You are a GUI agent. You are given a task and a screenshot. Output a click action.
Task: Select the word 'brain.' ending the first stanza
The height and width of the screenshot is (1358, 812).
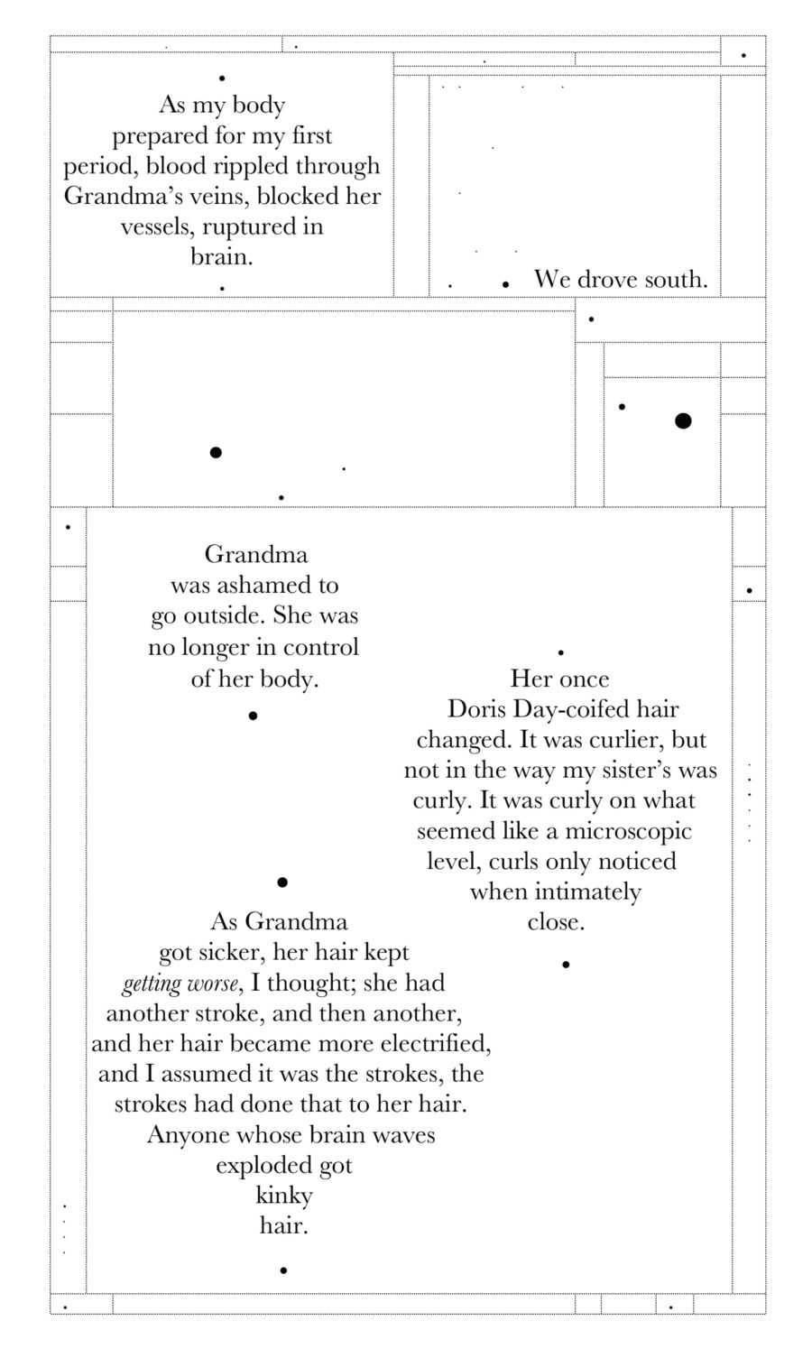tap(221, 257)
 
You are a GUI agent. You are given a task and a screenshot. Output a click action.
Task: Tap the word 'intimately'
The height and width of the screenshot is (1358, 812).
tap(587, 892)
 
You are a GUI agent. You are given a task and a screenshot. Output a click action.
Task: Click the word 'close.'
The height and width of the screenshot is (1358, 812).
tap(556, 922)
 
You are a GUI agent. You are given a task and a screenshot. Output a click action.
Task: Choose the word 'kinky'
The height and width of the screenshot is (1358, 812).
tap(284, 1196)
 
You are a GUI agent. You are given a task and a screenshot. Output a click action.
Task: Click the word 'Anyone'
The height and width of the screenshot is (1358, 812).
tap(189, 1135)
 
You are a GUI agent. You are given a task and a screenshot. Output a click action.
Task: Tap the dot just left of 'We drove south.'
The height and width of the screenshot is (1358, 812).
tap(506, 284)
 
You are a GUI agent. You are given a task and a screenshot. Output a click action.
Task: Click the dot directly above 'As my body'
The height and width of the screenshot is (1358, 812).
tap(222, 79)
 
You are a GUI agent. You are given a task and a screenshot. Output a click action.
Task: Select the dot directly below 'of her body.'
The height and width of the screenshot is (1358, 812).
tap(253, 716)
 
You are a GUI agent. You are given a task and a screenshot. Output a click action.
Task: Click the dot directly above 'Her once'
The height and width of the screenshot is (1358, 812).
tap(561, 651)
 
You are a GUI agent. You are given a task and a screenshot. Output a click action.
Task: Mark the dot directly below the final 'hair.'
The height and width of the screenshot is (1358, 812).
tap(283, 1270)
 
